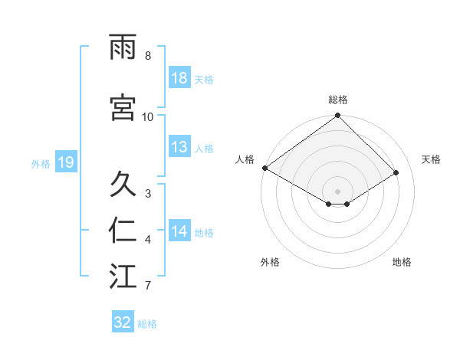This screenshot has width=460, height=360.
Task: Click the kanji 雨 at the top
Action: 123,47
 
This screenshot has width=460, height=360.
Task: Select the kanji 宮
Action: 123,106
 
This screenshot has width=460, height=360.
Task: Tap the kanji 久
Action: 123,183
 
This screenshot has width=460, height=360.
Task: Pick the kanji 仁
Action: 123,231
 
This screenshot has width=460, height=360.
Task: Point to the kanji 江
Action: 123,277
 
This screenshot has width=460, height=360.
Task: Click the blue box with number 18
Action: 179,79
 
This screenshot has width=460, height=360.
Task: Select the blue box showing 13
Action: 179,148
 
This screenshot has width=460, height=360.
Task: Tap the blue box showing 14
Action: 179,232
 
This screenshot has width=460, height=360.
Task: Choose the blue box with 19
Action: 65,162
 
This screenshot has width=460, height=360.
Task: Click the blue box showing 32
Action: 123,322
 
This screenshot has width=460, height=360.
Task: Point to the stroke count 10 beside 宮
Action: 148,116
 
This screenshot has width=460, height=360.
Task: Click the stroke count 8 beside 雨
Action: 147,56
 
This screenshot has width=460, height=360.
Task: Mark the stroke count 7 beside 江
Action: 147,286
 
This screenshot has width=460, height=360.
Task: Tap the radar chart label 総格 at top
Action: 337,100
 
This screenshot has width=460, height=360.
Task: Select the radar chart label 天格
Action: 432,159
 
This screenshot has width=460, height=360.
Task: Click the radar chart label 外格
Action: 270,262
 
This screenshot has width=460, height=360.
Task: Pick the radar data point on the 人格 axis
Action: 264,168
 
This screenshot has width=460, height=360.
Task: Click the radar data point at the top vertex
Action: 337,116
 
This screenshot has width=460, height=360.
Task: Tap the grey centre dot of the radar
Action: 337,190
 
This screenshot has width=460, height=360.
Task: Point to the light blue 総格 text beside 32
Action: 147,324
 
